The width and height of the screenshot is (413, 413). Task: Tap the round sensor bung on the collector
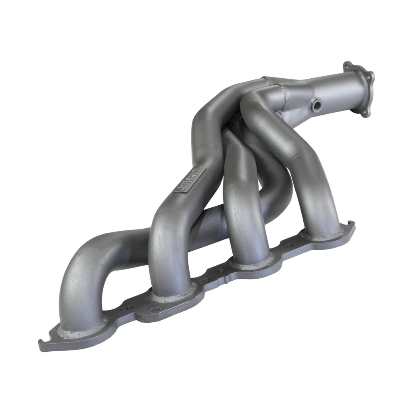coord(317,106)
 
